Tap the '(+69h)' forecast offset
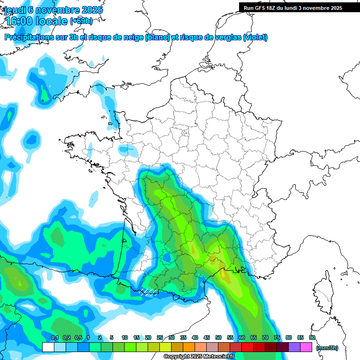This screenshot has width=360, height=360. (81, 21)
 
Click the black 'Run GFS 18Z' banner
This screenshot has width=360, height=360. (293, 8)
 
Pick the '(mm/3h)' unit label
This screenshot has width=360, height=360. (327, 348)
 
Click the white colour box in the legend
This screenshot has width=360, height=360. (48, 347)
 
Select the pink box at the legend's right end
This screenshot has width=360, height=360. (306, 347)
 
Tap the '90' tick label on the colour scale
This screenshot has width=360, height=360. (312, 337)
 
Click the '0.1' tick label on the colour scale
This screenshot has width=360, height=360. (54, 337)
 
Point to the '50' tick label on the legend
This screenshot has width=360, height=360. (218, 337)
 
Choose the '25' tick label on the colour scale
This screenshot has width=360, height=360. (160, 337)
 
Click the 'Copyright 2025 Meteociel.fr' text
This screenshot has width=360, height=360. (199, 357)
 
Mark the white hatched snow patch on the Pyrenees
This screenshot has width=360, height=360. (149, 292)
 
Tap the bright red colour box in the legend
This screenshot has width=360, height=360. (247, 347)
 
